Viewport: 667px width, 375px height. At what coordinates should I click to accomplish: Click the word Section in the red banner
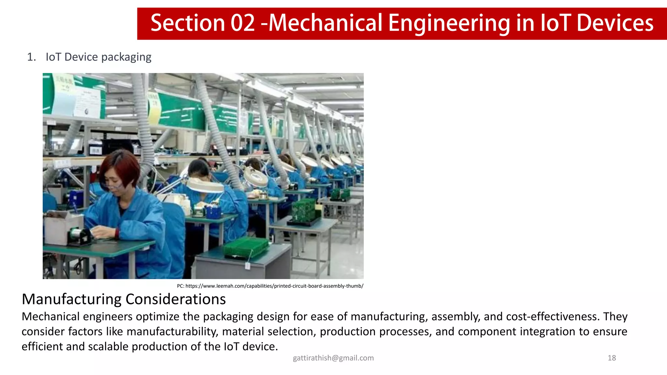[187, 23]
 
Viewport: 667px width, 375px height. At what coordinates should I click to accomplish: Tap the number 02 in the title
[242, 23]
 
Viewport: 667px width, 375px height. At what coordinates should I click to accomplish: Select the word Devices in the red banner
[615, 23]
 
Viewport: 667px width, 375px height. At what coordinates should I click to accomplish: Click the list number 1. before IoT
[31, 57]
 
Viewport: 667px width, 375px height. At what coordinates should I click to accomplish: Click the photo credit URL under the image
[274, 286]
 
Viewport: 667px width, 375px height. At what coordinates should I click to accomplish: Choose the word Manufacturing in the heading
[72, 299]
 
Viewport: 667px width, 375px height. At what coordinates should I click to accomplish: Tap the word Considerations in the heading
[176, 299]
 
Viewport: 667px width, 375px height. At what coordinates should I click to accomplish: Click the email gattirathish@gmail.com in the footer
[333, 358]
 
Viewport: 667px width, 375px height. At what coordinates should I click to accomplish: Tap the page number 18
[612, 358]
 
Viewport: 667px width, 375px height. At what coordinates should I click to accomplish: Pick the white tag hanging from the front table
[248, 266]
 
